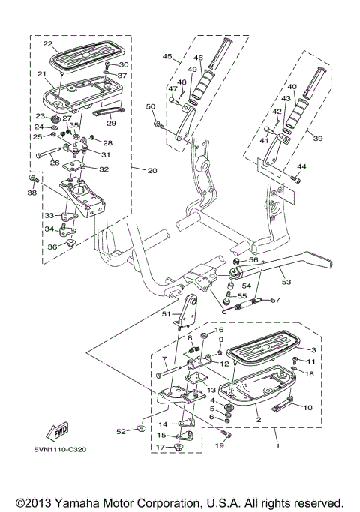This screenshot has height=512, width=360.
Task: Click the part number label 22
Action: pyautogui.click(x=47, y=43)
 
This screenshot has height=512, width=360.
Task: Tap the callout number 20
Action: pyautogui.click(x=151, y=171)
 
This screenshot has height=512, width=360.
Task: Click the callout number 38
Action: pyautogui.click(x=31, y=193)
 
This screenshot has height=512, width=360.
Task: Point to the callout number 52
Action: pyautogui.click(x=120, y=431)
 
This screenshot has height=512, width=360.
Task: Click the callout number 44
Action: pyautogui.click(x=303, y=166)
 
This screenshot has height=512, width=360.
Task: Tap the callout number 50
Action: pyautogui.click(x=150, y=106)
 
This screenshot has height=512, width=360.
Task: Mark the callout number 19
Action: pyautogui.click(x=220, y=445)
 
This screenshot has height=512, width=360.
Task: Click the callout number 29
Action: pyautogui.click(x=110, y=123)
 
